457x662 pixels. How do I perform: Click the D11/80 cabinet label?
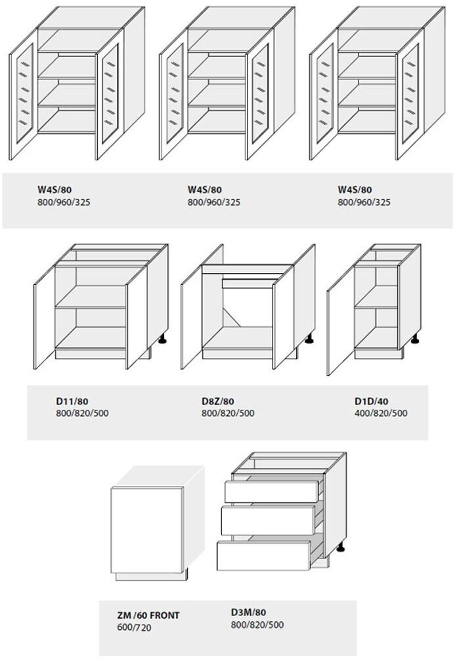pyautogui.click(x=72, y=401)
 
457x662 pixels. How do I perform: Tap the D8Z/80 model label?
pyautogui.click(x=218, y=401)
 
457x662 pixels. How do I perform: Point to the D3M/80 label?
pyautogui.click(x=248, y=612)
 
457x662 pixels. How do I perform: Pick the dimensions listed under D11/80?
pyautogui.click(x=82, y=413)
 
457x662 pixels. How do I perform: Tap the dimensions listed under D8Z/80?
pyautogui.click(x=228, y=413)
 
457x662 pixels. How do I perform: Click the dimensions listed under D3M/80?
pyautogui.click(x=257, y=625)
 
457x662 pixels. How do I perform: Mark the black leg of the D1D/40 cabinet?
pyautogui.click(x=415, y=339)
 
